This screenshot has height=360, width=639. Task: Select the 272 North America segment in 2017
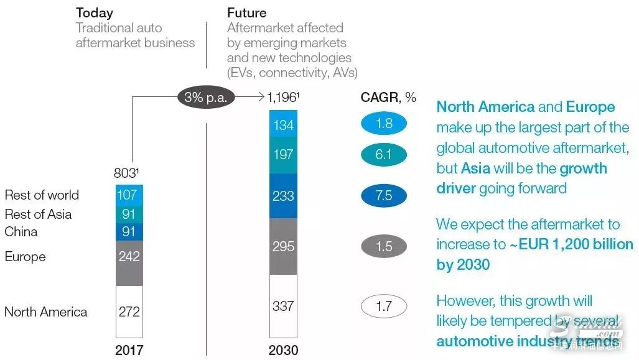(x=129, y=312)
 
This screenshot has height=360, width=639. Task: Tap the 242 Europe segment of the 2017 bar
(x=129, y=256)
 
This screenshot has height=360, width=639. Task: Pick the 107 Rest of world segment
(x=129, y=195)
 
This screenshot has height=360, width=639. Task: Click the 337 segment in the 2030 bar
(x=283, y=305)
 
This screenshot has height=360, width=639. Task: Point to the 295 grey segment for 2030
(x=283, y=246)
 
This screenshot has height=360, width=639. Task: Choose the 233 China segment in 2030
(x=283, y=195)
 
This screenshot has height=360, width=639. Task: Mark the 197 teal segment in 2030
(x=283, y=154)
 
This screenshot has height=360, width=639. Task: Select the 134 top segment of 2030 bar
(x=283, y=125)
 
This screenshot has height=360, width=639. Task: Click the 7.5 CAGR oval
(x=384, y=196)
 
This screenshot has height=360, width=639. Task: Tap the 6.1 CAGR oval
(x=384, y=154)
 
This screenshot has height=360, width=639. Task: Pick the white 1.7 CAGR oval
(x=384, y=306)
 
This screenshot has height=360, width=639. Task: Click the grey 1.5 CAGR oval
(x=384, y=246)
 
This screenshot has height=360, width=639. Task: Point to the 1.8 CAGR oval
(x=384, y=123)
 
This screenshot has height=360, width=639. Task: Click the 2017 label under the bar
(x=129, y=349)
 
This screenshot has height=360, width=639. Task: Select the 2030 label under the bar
(x=283, y=350)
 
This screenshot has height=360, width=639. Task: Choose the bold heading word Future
(x=247, y=12)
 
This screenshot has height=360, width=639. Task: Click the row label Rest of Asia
(x=38, y=214)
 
